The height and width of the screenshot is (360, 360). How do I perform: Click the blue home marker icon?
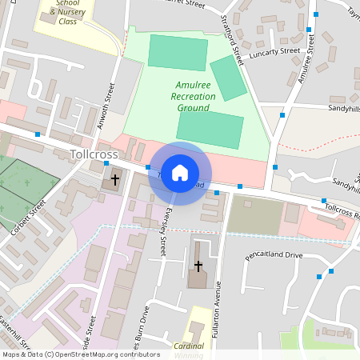pos(180,173)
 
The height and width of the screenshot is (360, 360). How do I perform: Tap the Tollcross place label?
pos(94,154)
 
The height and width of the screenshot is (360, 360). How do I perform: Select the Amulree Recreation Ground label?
pos(193,95)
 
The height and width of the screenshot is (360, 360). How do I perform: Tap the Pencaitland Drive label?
pos(275,256)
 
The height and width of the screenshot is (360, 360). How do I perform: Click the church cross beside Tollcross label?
pos(115,180)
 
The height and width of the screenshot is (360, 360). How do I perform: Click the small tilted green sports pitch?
pos(228,78)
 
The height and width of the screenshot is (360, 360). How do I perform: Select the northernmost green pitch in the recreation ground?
pos(177,52)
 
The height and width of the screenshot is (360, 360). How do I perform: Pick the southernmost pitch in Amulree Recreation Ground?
pos(210,130)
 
